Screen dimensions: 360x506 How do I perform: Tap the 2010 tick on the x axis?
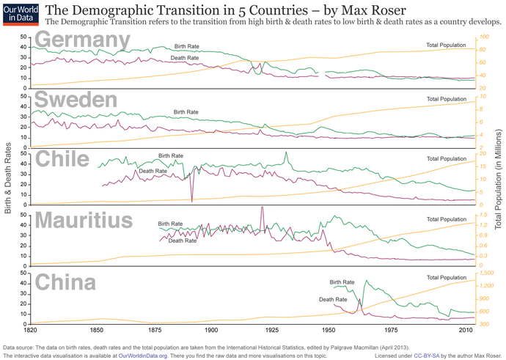coord(465,331)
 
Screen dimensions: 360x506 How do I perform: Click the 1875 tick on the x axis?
coord(155,331)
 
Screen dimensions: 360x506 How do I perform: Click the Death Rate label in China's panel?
coord(333,299)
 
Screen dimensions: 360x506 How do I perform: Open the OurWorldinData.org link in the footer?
coord(143,355)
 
